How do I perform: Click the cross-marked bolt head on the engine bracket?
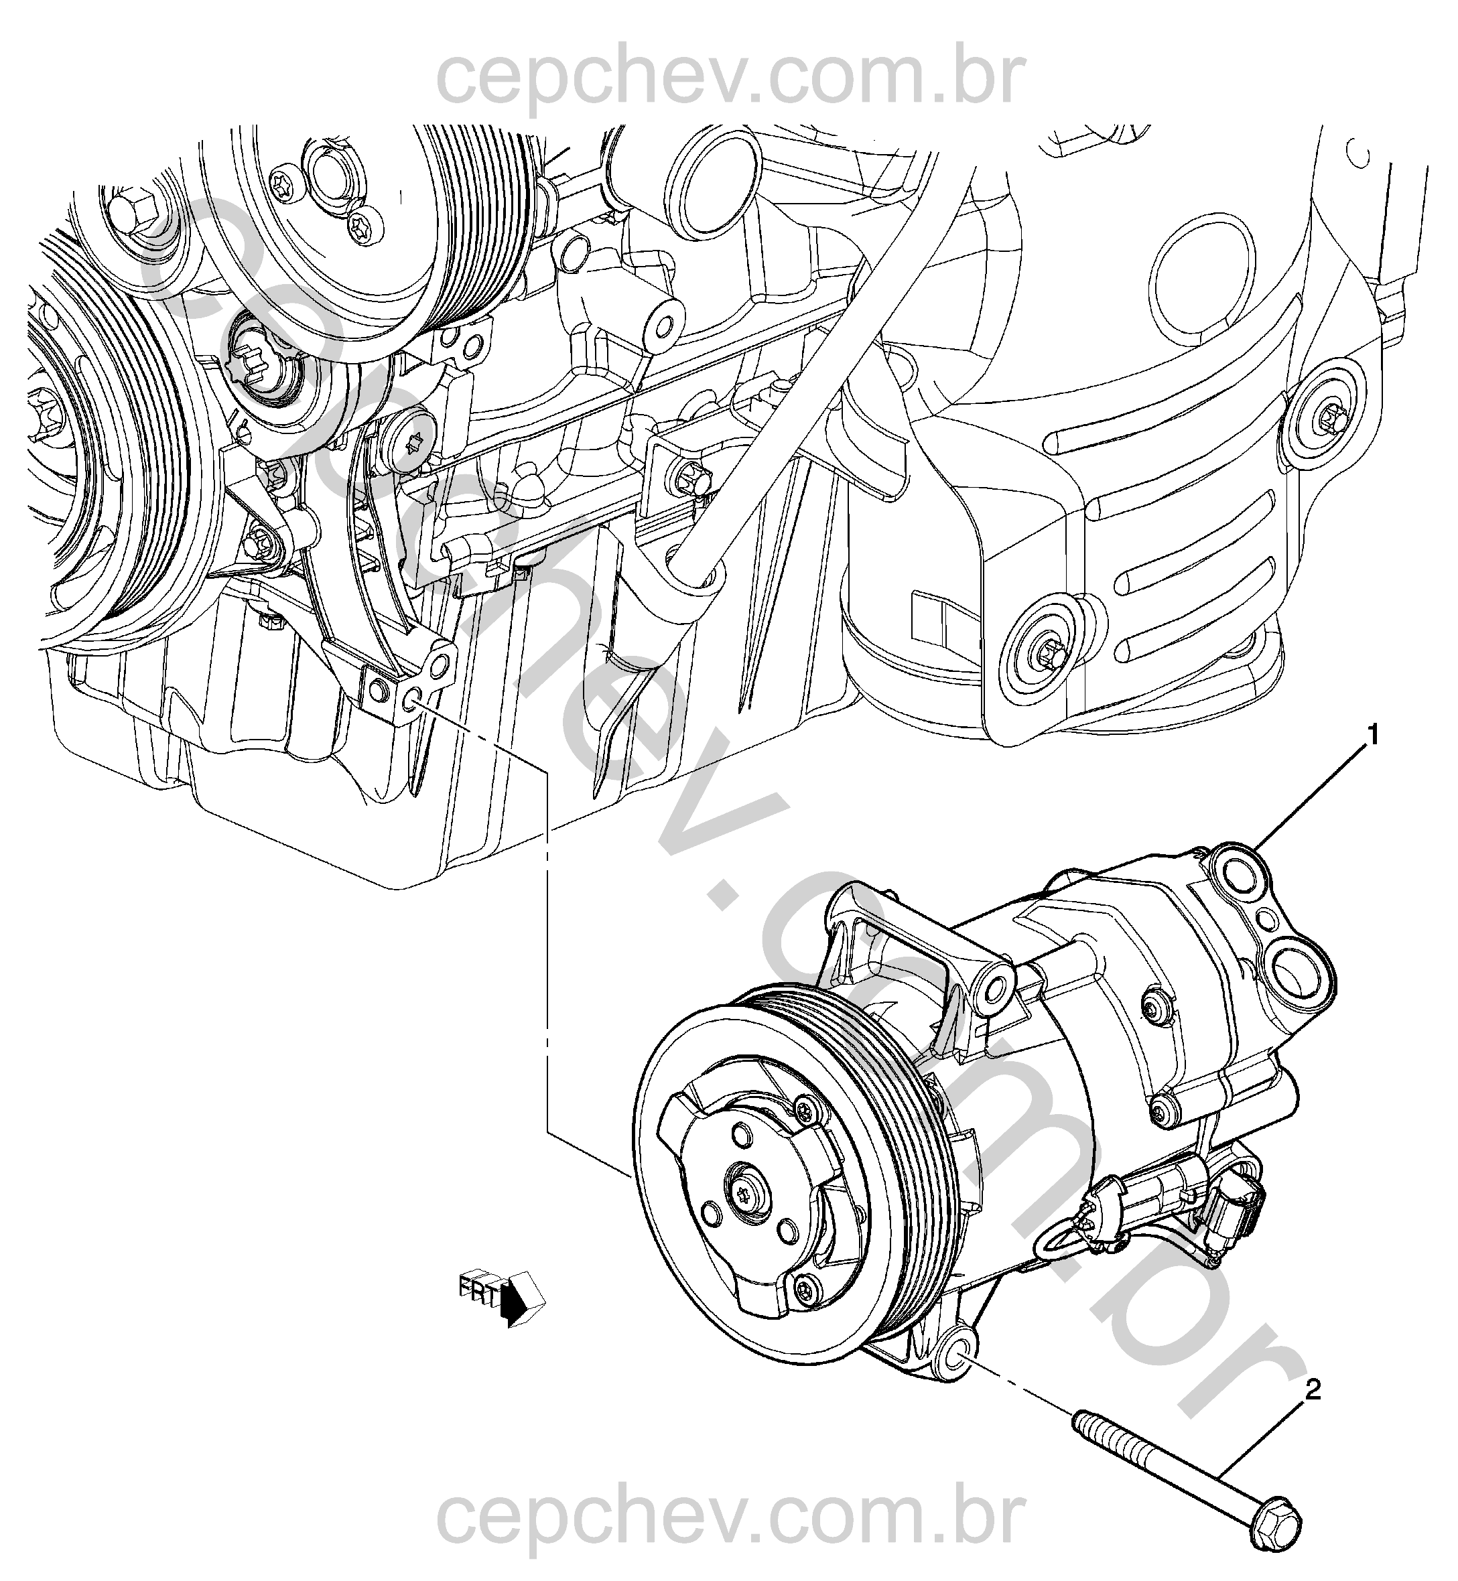(412, 443)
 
